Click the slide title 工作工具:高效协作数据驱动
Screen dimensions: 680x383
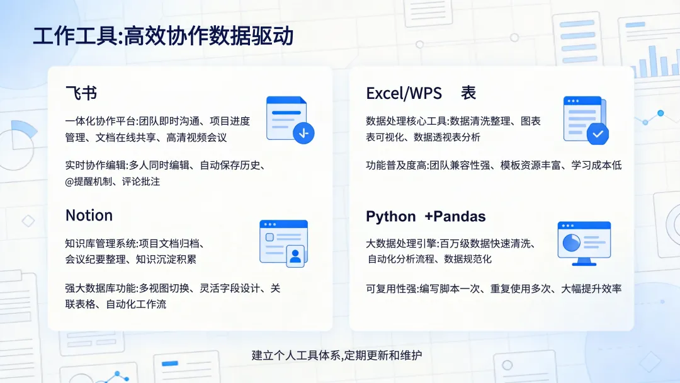click(163, 37)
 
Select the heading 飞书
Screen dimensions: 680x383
click(81, 94)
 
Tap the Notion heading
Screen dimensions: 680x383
click(89, 215)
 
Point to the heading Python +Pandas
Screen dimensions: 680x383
click(426, 217)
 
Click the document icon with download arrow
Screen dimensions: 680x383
click(288, 119)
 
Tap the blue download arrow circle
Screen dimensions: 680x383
click(304, 133)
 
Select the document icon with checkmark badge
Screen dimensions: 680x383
click(584, 120)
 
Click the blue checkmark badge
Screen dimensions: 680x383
click(597, 134)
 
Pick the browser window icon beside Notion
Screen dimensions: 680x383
click(283, 241)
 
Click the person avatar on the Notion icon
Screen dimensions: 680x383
click(295, 256)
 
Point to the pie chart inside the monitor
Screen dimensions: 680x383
click(571, 242)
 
